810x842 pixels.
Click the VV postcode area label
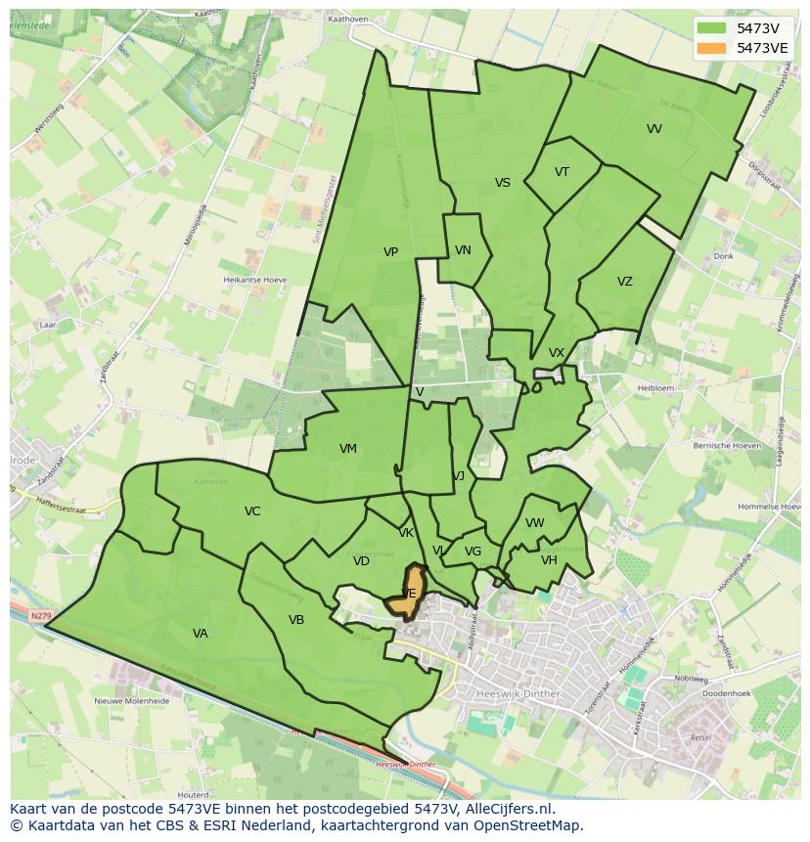(654, 129)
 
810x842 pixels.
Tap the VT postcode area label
(562, 172)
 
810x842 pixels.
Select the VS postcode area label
(502, 183)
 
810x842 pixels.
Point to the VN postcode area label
(463, 250)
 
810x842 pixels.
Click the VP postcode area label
(390, 252)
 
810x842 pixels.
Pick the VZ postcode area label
(624, 282)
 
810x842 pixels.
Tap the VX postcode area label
(557, 353)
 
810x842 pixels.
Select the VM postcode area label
(348, 449)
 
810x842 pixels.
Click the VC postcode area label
(252, 511)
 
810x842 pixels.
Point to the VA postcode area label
(201, 634)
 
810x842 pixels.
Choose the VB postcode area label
(296, 620)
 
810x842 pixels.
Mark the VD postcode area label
(361, 561)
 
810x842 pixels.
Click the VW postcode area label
(534, 523)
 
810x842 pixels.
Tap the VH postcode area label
(549, 560)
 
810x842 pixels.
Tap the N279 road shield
(39, 616)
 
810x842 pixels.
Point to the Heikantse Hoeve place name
(254, 280)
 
